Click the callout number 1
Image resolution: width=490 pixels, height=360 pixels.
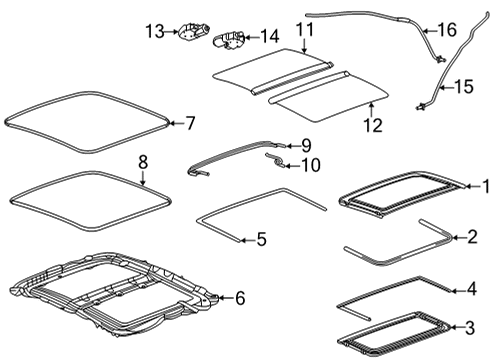click(x=485, y=185)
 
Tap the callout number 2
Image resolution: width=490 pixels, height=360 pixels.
click(x=485, y=238)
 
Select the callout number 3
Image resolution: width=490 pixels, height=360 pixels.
click(x=485, y=326)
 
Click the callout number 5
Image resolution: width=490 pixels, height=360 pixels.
click(x=261, y=239)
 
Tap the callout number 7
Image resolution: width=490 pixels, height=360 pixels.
click(x=190, y=123)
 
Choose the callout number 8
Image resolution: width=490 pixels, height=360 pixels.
click(x=142, y=160)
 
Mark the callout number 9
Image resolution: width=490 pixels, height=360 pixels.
click(x=306, y=145)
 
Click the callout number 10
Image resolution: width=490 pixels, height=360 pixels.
click(x=310, y=165)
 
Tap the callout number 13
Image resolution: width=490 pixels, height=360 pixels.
click(x=152, y=34)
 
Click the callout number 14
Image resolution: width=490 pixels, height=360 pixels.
click(x=270, y=37)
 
